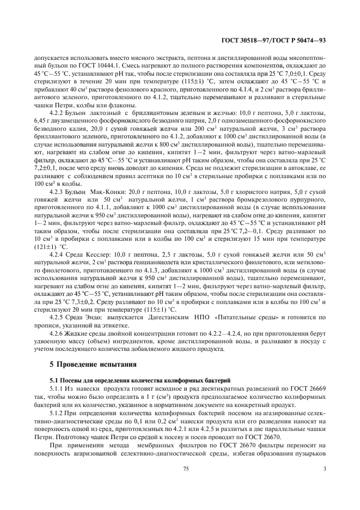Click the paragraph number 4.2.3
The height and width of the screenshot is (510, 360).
point(58,192)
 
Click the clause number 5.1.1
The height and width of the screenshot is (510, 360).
point(57,387)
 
